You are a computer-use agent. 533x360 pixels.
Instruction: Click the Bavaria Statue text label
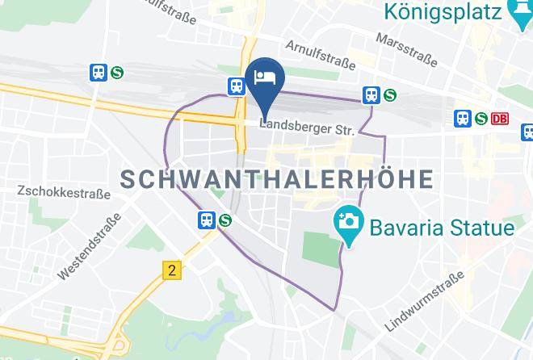tap(442, 227)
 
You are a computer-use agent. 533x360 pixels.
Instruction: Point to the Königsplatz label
tap(444, 12)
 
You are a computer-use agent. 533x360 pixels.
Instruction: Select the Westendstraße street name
tap(89, 246)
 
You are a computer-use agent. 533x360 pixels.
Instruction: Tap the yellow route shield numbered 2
tap(171, 270)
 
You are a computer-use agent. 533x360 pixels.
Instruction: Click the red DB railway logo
tap(500, 119)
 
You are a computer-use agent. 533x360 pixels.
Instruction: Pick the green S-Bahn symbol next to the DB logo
tap(482, 119)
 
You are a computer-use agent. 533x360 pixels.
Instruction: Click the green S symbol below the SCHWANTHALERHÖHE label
tap(225, 219)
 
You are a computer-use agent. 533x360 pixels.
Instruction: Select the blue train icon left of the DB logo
tap(464, 119)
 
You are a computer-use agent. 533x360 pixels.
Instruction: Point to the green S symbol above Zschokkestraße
tap(117, 72)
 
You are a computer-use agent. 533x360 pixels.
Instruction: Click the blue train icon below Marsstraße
tap(371, 94)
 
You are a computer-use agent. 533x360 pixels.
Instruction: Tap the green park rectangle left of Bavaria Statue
tap(321, 248)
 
